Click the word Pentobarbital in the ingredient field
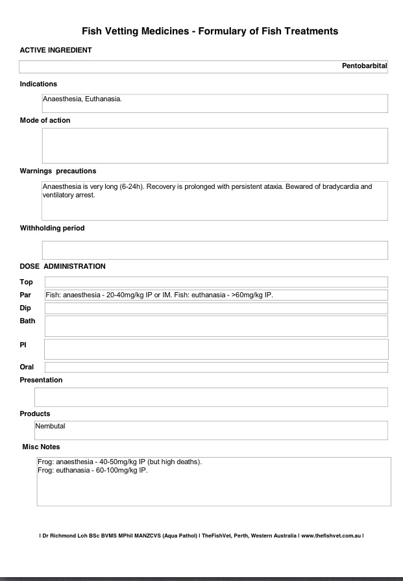pos(364,66)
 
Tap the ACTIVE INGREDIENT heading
pos(55,50)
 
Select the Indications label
pos(38,84)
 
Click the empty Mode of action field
pos(215,145)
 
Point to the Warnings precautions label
pos(58,171)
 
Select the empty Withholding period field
pos(215,250)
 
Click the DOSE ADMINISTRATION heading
pos(62,266)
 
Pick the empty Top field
pos(216,282)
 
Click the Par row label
pos(25,295)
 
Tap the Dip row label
pos(25,308)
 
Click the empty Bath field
pos(216,326)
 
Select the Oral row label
pos(27,367)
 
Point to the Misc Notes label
pos(41,447)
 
